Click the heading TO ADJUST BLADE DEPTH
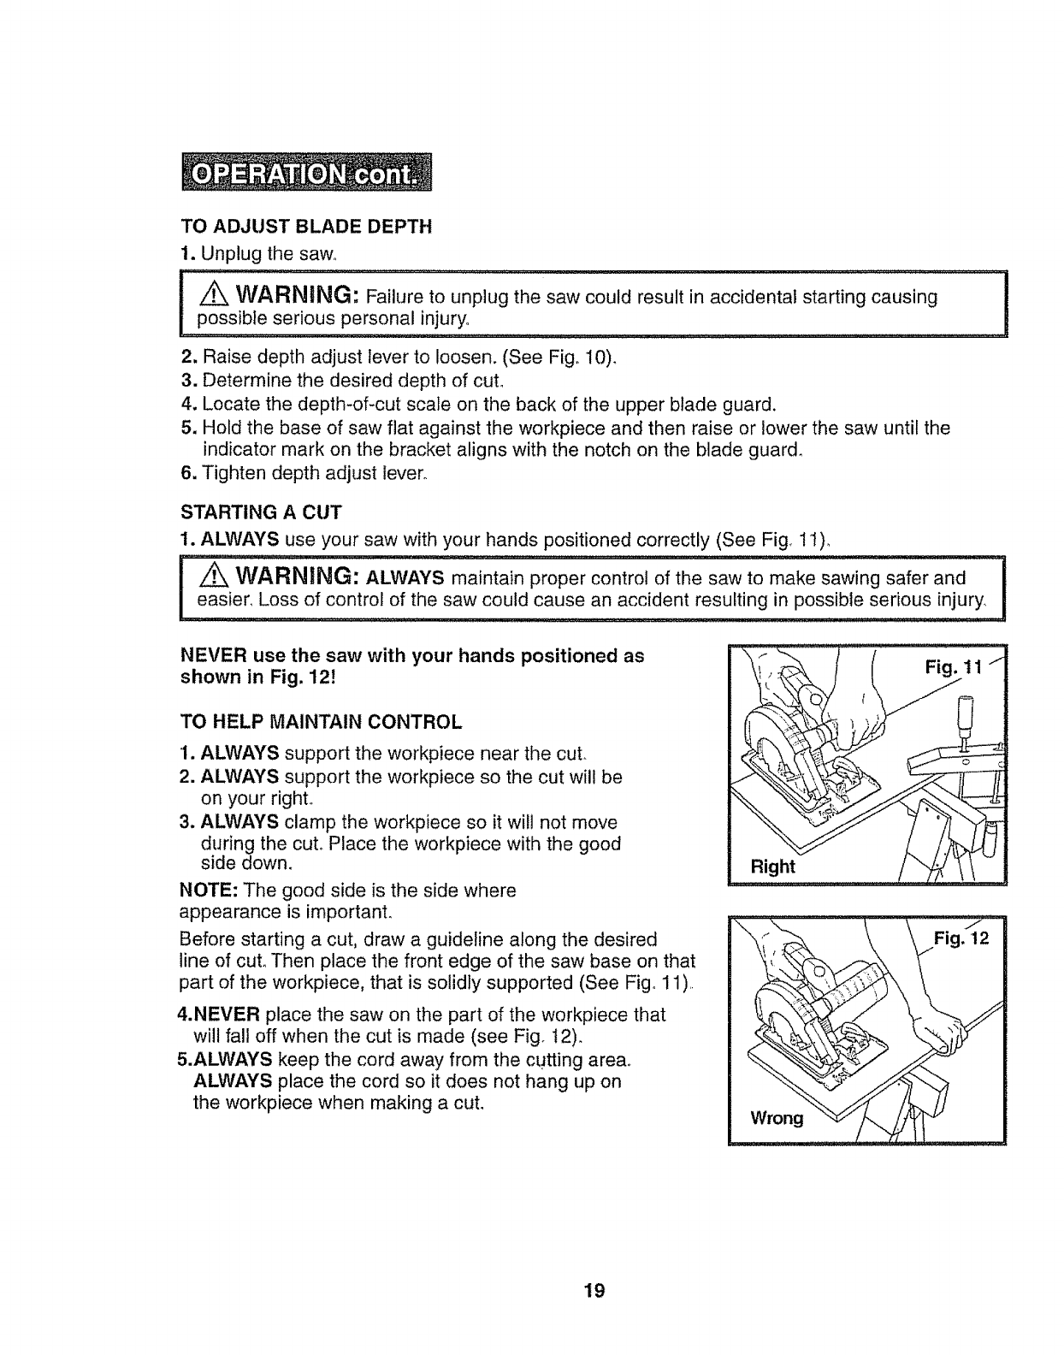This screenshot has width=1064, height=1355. pyautogui.click(x=307, y=227)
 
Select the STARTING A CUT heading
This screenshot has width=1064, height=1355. pyautogui.click(x=262, y=513)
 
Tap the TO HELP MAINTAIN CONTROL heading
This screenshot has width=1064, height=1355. pyautogui.click(x=322, y=722)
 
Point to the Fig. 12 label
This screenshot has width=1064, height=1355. pyautogui.click(x=961, y=938)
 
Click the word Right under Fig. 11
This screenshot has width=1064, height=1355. pyautogui.click(x=772, y=867)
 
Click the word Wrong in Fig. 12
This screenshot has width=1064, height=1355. pyautogui.click(x=776, y=1118)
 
